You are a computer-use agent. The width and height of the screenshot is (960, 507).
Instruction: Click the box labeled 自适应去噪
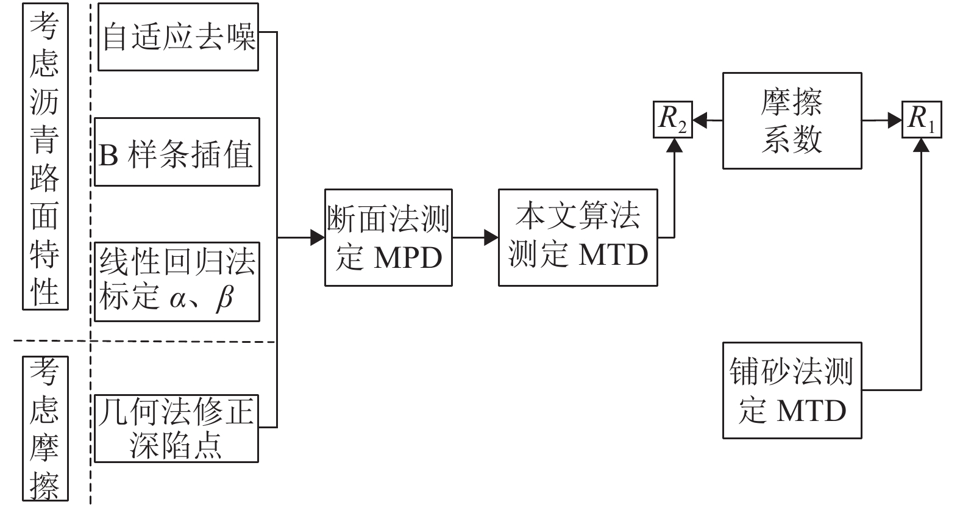click(x=178, y=37)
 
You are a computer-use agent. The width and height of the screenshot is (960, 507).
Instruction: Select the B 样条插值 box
click(x=177, y=152)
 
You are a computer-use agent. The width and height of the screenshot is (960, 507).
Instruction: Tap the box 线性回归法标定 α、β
click(x=177, y=281)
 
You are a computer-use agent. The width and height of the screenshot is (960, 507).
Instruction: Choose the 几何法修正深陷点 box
click(x=176, y=428)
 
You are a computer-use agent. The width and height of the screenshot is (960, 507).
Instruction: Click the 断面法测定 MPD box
click(x=388, y=237)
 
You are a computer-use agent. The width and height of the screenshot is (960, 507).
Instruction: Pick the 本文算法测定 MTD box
click(x=578, y=237)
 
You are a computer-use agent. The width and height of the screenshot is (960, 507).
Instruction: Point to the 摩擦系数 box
click(x=792, y=121)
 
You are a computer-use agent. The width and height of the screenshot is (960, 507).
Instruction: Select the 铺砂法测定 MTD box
click(x=792, y=390)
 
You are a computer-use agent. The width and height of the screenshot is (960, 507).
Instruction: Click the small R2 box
click(x=673, y=120)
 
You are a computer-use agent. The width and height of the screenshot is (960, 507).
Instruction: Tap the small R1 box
click(x=922, y=120)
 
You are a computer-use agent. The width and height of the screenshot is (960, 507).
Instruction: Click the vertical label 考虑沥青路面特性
click(x=45, y=156)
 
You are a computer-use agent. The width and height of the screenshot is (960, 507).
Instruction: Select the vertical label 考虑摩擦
click(x=45, y=429)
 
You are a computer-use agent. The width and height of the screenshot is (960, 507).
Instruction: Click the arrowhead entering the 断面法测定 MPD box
click(x=318, y=237)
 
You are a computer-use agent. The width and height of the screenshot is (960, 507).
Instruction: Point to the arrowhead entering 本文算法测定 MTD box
click(x=491, y=237)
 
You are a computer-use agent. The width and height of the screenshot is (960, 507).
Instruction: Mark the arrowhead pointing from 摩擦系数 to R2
click(x=700, y=121)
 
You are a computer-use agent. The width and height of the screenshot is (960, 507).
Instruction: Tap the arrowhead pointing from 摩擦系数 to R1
click(x=895, y=121)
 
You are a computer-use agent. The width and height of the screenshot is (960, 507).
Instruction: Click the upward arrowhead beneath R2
click(x=674, y=145)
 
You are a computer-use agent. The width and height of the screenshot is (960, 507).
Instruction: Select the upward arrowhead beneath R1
click(x=922, y=145)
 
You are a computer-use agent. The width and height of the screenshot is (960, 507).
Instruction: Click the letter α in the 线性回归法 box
click(x=178, y=299)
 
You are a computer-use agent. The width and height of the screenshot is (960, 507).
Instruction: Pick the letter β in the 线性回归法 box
click(x=224, y=299)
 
